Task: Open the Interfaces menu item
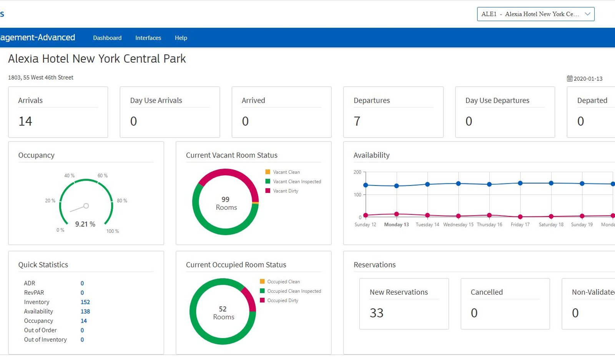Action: coord(148,38)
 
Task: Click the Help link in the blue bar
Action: coord(181,38)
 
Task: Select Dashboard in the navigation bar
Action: coord(107,38)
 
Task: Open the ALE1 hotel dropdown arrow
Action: coord(588,14)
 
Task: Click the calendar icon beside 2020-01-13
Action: coord(570,78)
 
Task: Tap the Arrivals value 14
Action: coord(25,121)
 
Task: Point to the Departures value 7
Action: coord(357,121)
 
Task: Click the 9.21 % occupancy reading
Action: coord(85,224)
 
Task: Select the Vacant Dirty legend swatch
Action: coord(268,191)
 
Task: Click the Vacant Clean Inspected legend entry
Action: coord(293,181)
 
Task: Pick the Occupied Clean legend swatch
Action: coord(262,282)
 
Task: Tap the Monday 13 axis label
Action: coord(396,224)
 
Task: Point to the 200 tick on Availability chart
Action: coord(357,172)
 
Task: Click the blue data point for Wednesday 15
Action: coord(458,184)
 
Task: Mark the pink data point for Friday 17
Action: coord(520,217)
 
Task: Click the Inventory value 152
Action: coord(85,302)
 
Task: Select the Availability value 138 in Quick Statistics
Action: coord(85,312)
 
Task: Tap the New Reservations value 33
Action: coord(376,313)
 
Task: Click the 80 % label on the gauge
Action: coord(122,201)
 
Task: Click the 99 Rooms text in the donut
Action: coord(226,203)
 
